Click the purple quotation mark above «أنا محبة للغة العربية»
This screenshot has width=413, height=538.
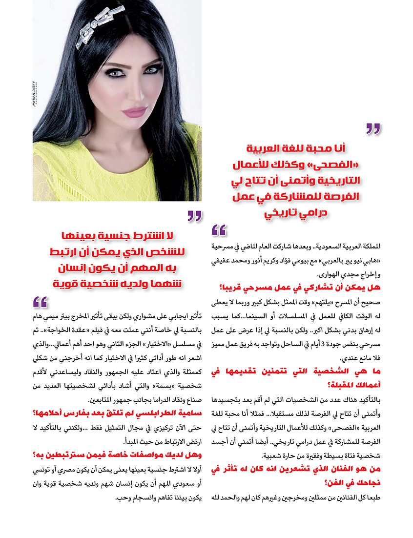point(373,128)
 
